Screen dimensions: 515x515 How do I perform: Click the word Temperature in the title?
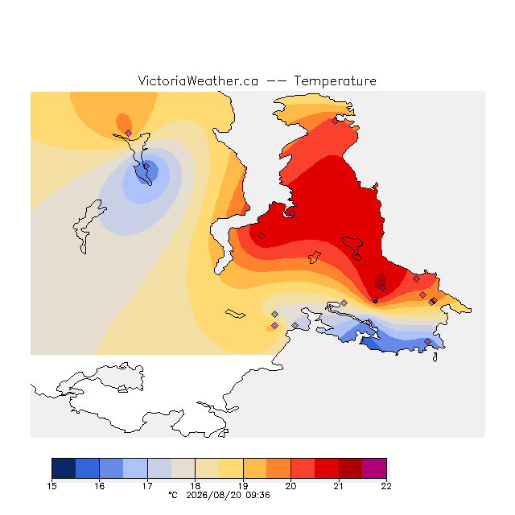pos(335,80)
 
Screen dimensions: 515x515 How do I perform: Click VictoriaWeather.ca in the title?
pos(198,80)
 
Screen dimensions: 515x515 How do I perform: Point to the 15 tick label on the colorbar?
pos(51,486)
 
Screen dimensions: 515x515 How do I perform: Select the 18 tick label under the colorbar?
pos(195,486)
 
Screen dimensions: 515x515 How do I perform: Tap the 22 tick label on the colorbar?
pos(386,486)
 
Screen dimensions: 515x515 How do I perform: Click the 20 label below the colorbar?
pos(290,486)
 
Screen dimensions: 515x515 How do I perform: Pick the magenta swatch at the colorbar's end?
pos(374,468)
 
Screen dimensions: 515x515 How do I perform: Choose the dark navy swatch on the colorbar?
pos(64,468)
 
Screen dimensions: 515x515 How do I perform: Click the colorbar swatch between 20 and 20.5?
pos(303,468)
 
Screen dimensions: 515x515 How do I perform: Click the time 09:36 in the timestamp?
pos(257,495)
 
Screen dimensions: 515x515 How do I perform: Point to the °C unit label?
pos(173,495)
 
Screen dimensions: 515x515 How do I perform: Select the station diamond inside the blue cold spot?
pos(146,167)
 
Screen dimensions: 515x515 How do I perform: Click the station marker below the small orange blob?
pos(129,133)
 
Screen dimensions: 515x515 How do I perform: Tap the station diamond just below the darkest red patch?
pos(382,288)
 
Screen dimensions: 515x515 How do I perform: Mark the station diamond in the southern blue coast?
pos(427,341)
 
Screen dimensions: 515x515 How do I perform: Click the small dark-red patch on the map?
pos(381,279)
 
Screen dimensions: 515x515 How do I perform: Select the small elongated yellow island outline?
pos(235,314)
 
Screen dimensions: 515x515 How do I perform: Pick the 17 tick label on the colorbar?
pos(147,486)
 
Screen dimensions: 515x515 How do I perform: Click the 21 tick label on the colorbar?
pos(339,486)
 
